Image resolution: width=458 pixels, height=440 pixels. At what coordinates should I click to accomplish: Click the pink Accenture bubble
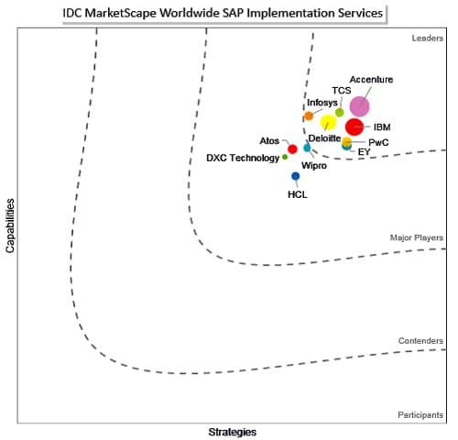(x=359, y=106)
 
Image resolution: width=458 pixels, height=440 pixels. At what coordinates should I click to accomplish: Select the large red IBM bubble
(x=354, y=127)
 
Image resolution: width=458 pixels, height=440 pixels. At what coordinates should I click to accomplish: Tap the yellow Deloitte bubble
(x=328, y=122)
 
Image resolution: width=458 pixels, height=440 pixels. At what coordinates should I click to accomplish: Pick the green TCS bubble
(x=340, y=113)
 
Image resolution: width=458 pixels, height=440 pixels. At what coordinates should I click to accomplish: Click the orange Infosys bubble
(x=309, y=115)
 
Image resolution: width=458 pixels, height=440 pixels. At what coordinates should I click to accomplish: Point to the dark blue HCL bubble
(x=296, y=176)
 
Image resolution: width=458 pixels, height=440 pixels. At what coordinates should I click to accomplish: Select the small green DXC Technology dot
(x=285, y=157)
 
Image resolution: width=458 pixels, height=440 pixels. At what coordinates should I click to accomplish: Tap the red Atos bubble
(x=292, y=149)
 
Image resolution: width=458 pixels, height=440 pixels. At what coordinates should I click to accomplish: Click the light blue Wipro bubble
(x=307, y=148)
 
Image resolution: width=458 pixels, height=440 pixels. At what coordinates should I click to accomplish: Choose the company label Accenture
(x=371, y=80)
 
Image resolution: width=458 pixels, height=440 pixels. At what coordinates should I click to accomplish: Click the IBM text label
(x=382, y=127)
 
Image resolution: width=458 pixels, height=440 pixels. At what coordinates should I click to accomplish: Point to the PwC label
(x=378, y=142)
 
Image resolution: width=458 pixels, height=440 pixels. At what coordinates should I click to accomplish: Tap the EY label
(x=364, y=152)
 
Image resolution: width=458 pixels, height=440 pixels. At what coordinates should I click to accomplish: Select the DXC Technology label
(x=243, y=158)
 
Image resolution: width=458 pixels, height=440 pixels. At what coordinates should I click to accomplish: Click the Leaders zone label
(x=428, y=38)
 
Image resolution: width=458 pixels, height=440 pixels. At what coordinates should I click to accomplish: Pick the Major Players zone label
(x=417, y=237)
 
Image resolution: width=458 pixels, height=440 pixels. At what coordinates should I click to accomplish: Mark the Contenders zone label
(x=420, y=341)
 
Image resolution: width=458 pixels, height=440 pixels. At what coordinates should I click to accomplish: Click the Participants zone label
(x=420, y=415)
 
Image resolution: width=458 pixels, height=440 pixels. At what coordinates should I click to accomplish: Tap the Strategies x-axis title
(x=233, y=432)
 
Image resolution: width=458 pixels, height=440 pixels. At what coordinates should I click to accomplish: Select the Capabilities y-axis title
(x=10, y=225)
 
